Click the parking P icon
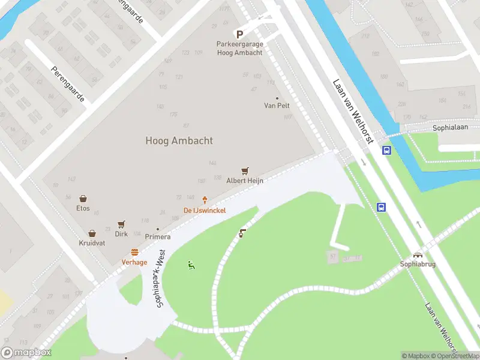[239, 35]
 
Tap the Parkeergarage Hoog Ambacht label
[239, 49]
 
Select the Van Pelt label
[277, 105]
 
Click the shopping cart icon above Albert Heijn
[245, 171]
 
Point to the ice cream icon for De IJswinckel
[205, 200]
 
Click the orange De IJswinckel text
[205, 210]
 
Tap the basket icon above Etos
[83, 199]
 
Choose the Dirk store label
[121, 234]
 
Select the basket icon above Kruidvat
[92, 233]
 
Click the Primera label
[157, 236]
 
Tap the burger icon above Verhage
[134, 253]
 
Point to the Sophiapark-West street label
[160, 280]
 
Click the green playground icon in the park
[191, 265]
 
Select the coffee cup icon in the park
[242, 233]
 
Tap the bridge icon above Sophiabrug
[418, 254]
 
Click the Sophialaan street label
[449, 128]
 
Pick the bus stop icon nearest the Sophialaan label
[387, 150]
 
